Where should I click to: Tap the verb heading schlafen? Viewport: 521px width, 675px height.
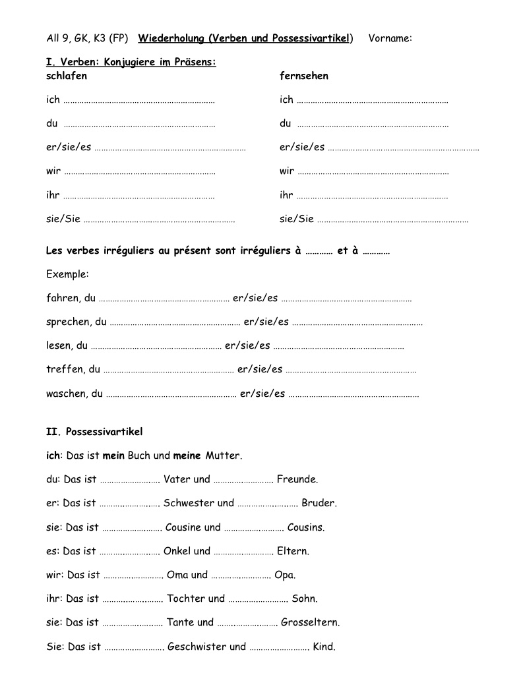coord(67,76)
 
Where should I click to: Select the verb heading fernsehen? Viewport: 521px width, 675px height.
coord(303,76)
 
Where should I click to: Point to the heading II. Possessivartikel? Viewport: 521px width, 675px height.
coord(94,432)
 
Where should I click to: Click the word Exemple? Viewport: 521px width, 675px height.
coord(67,274)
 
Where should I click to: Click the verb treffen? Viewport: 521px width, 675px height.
coord(65,370)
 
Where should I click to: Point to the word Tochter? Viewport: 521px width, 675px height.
coord(187,599)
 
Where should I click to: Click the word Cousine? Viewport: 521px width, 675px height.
coord(183,527)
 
